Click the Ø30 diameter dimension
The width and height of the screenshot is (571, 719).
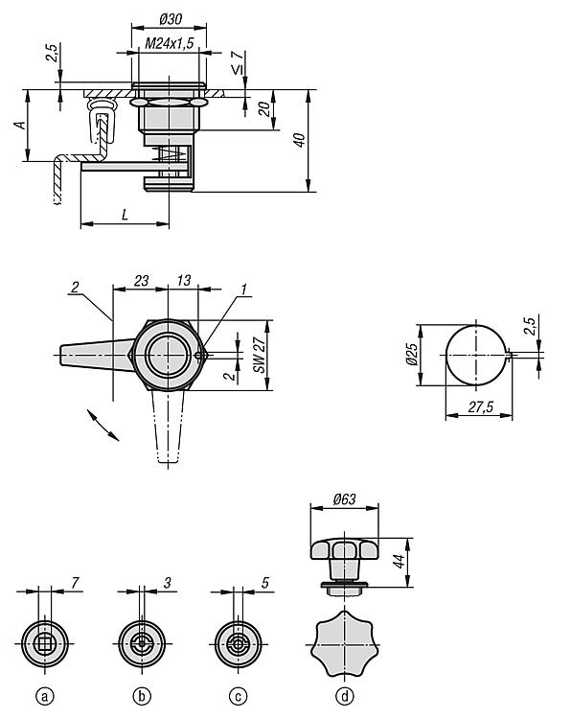(170, 19)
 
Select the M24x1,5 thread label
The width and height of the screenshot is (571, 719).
(170, 43)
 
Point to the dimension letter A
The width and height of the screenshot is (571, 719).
(20, 125)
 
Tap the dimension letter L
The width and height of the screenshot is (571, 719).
(126, 215)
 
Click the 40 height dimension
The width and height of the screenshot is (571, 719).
(299, 140)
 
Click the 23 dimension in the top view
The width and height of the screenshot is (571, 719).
(141, 280)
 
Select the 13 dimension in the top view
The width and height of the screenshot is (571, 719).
(183, 280)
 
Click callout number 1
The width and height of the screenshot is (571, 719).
(243, 289)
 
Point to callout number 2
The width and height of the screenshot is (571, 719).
(75, 287)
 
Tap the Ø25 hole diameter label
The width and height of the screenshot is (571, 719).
(412, 355)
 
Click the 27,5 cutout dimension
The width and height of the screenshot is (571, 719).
(480, 406)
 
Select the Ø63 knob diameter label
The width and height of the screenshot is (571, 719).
(344, 499)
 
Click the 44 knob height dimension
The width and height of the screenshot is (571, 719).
(400, 561)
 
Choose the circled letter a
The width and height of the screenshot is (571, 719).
(44, 697)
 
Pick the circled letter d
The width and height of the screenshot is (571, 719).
(345, 697)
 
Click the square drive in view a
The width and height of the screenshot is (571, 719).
(45, 644)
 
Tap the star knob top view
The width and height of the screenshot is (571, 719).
(345, 644)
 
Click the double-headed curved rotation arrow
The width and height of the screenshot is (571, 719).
(103, 425)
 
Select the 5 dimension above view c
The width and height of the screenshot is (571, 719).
(264, 582)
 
